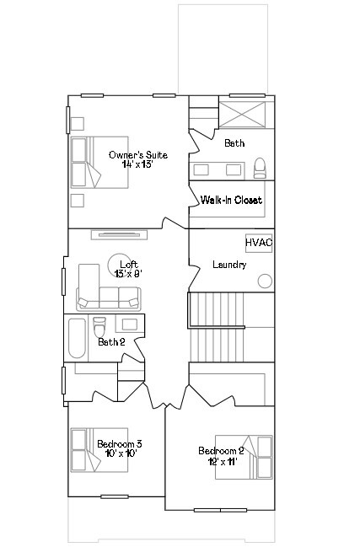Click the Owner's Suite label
click(138, 155)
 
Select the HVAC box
click(259, 243)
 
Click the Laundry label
click(229, 265)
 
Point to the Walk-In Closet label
click(231, 201)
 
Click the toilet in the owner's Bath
click(261, 165)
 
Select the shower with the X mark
click(246, 114)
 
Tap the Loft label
click(128, 264)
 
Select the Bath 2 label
click(111, 342)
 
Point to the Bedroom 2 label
click(221, 450)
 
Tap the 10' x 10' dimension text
click(116, 453)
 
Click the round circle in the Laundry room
click(265, 281)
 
